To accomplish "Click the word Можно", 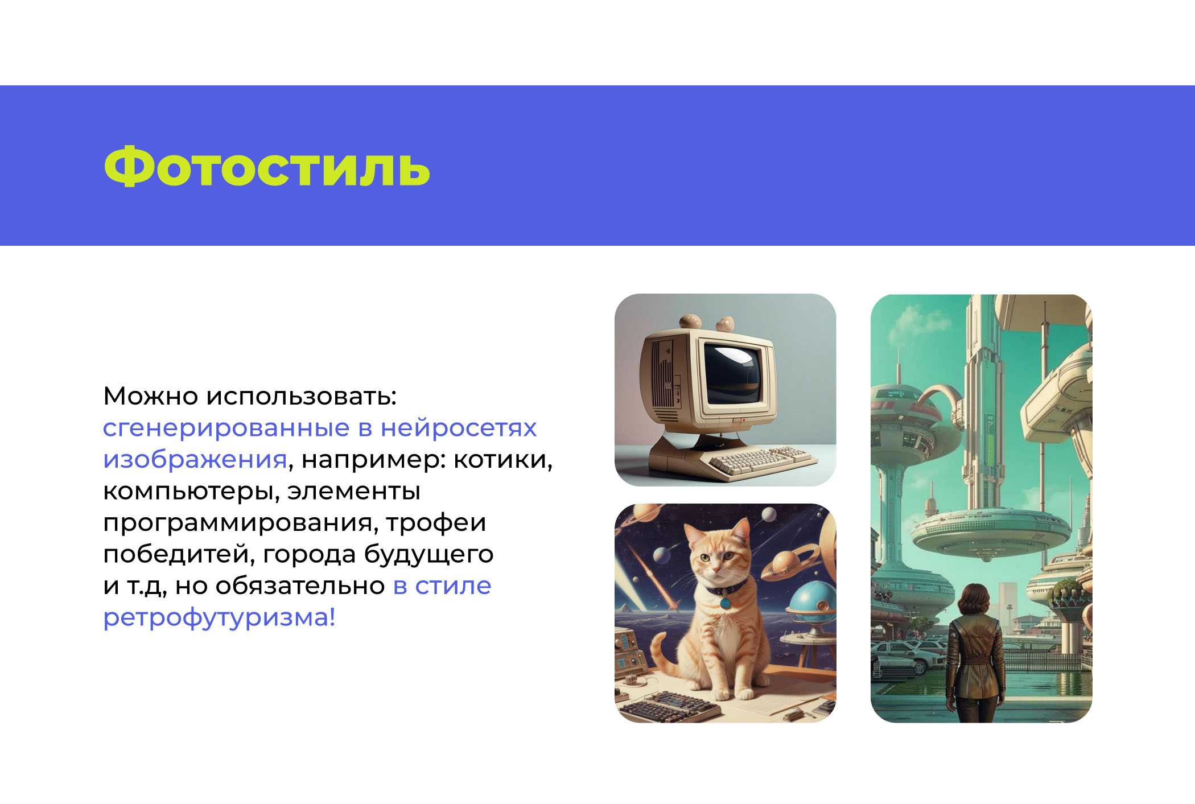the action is pyautogui.click(x=150, y=396).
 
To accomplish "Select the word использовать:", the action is pyautogui.click(x=301, y=396).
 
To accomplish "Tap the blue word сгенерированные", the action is pyautogui.click(x=226, y=428).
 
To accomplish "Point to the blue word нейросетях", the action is pyautogui.click(x=458, y=428).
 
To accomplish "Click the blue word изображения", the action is pyautogui.click(x=195, y=459).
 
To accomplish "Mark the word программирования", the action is pyautogui.click(x=241, y=523).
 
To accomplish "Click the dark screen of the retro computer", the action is pyautogui.click(x=732, y=373).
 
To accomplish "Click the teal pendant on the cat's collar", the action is pyautogui.click(x=725, y=601).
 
